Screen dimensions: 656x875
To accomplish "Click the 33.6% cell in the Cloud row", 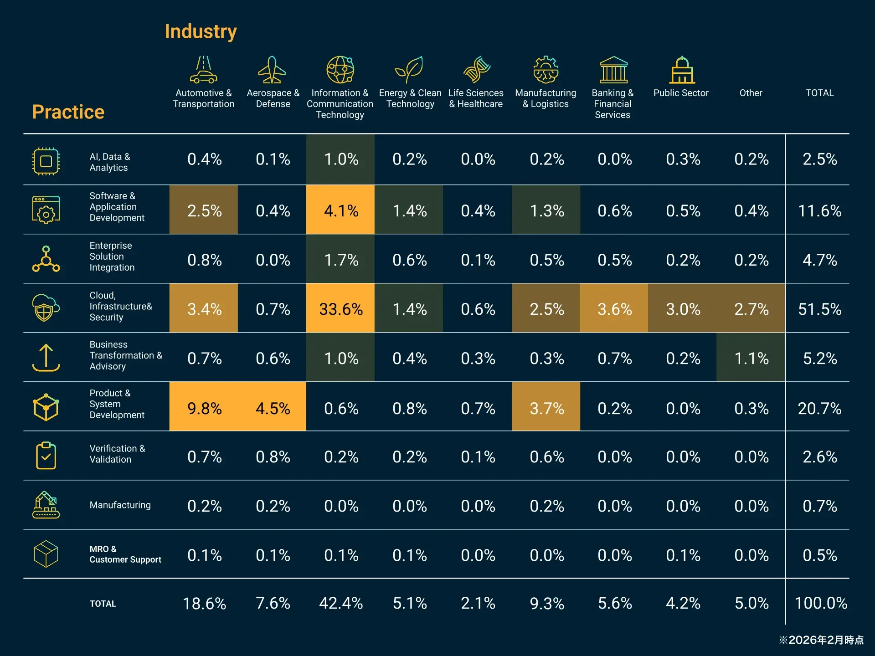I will tap(340, 309).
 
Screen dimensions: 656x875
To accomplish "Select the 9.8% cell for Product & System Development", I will tap(204, 408).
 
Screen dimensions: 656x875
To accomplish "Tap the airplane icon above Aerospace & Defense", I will tap(272, 70).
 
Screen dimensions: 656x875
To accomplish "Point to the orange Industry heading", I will tap(201, 31).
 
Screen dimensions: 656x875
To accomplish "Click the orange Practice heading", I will tap(68, 112).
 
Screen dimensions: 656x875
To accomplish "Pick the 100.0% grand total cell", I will tap(820, 603).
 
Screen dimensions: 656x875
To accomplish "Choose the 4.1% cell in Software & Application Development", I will tap(340, 210).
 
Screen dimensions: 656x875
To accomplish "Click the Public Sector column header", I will tap(681, 93).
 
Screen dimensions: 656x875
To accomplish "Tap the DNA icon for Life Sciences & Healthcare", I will tap(477, 70).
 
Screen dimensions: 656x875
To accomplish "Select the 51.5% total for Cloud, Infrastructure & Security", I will tap(819, 309).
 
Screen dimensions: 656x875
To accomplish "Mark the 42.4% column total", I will tap(340, 603).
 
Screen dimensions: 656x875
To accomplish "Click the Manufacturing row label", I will tap(120, 505).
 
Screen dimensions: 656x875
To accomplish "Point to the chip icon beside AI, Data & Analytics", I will tap(46, 161).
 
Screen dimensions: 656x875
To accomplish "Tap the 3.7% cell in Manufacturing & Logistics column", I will tap(546, 408).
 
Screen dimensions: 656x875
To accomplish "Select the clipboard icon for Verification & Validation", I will tap(46, 455).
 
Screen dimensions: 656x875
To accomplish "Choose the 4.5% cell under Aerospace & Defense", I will tap(273, 408).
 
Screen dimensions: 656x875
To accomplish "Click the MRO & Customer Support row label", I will tap(125, 554).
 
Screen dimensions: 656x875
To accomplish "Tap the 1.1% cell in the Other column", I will tap(751, 359).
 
